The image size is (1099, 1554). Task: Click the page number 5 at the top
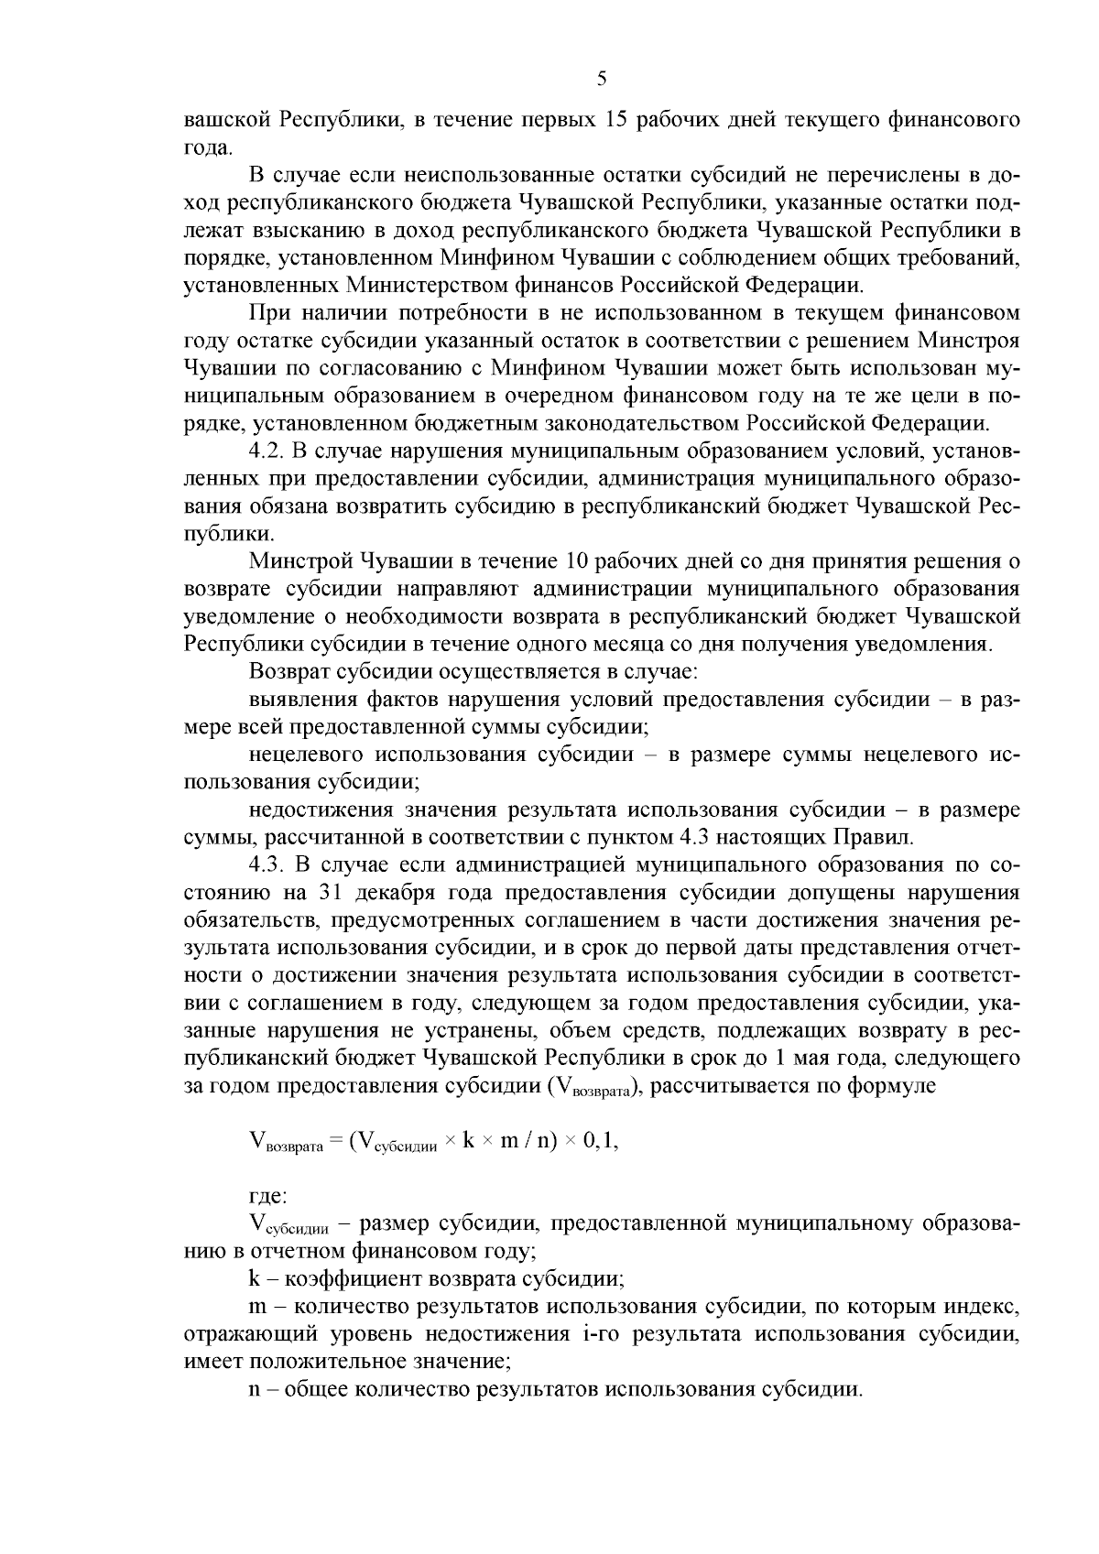point(602,80)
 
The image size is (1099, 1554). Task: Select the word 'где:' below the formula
point(268,1196)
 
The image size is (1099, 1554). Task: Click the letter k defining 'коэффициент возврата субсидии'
point(254,1277)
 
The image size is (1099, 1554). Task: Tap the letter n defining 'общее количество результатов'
point(254,1388)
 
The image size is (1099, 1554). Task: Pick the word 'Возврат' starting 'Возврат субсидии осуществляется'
point(283,671)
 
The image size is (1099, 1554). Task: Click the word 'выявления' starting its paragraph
point(296,700)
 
